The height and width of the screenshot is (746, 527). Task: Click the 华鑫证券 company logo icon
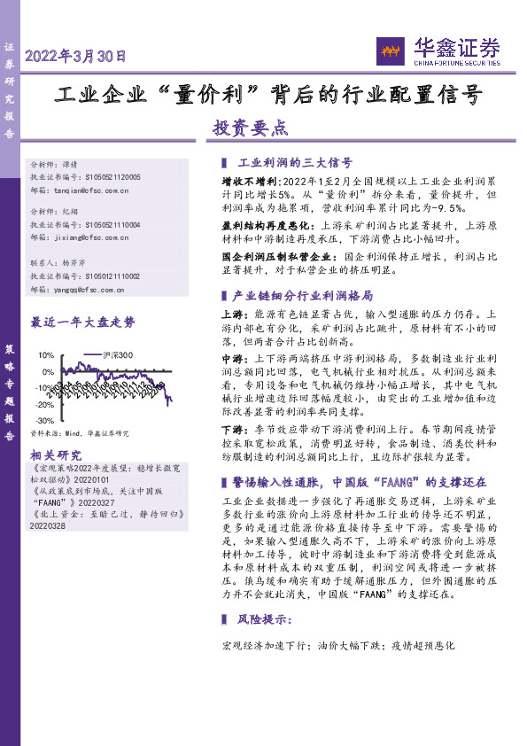(391, 51)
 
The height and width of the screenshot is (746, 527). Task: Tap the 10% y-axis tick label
(45, 355)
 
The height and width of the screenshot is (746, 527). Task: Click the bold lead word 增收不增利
(240, 180)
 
